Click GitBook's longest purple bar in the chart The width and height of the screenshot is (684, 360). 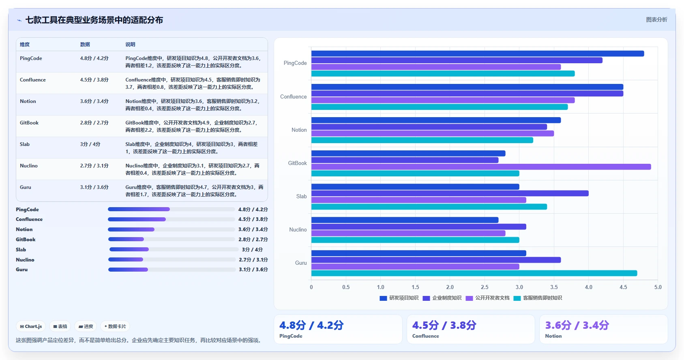point(481,167)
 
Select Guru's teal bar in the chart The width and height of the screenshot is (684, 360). point(474,273)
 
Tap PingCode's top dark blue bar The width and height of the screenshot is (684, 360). point(478,54)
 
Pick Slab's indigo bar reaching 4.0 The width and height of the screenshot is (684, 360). point(450,193)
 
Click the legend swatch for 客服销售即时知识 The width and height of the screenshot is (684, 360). point(517,298)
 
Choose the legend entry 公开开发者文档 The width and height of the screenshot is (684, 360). point(487,298)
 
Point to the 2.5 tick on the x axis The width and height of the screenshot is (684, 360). point(485,287)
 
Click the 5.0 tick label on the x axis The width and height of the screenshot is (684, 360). point(658,287)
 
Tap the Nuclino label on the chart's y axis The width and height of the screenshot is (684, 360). point(298,229)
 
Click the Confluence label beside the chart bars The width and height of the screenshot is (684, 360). point(293,96)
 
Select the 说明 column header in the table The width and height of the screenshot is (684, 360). point(130,44)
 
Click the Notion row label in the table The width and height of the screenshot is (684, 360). point(28,101)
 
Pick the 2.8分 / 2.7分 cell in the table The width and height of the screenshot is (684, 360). point(94,123)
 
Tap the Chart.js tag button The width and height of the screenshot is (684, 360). point(31,326)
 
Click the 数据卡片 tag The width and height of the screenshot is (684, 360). point(115,326)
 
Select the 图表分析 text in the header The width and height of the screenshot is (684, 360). point(656,19)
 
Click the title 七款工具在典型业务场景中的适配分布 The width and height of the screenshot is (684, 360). point(94,20)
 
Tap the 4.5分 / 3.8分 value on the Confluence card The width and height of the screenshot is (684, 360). point(444,325)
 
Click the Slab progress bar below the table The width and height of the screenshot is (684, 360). point(174,249)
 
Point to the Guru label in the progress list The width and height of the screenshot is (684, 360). point(21,270)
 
